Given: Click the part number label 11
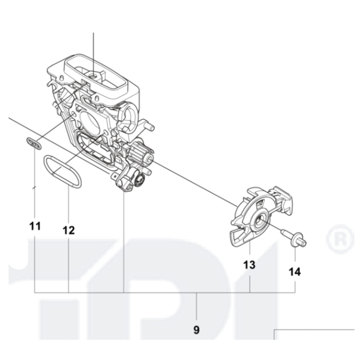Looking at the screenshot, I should (34, 226).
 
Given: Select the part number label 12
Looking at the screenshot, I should (68, 230).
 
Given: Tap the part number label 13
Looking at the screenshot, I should (249, 264).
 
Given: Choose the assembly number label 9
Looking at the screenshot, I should (196, 330).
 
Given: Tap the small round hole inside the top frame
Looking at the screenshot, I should (93, 75).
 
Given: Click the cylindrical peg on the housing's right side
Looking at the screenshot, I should (143, 122).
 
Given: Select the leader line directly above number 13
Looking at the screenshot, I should (249, 249).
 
